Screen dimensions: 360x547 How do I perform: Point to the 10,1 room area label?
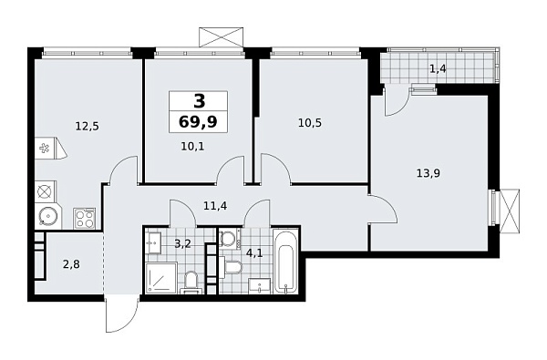pos(192,143)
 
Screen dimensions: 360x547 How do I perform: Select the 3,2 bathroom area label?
pos(181,243)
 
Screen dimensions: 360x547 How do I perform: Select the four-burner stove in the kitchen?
pos(85,218)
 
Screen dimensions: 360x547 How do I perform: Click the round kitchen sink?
pos(46,217)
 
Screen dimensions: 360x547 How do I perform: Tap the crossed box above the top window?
pos(221,37)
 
